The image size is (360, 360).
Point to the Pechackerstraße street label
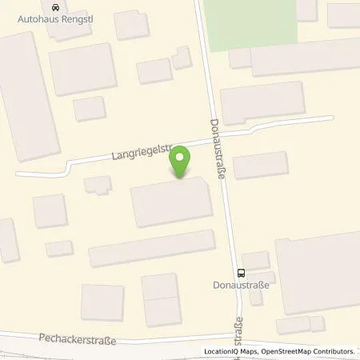pos(77,339)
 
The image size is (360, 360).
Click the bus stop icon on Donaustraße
pos(242,271)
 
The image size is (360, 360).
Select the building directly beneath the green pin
pos(171,202)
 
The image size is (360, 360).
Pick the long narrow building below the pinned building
pos(152,248)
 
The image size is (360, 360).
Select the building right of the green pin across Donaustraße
pos(259,165)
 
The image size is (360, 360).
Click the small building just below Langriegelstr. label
pos(99,185)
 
